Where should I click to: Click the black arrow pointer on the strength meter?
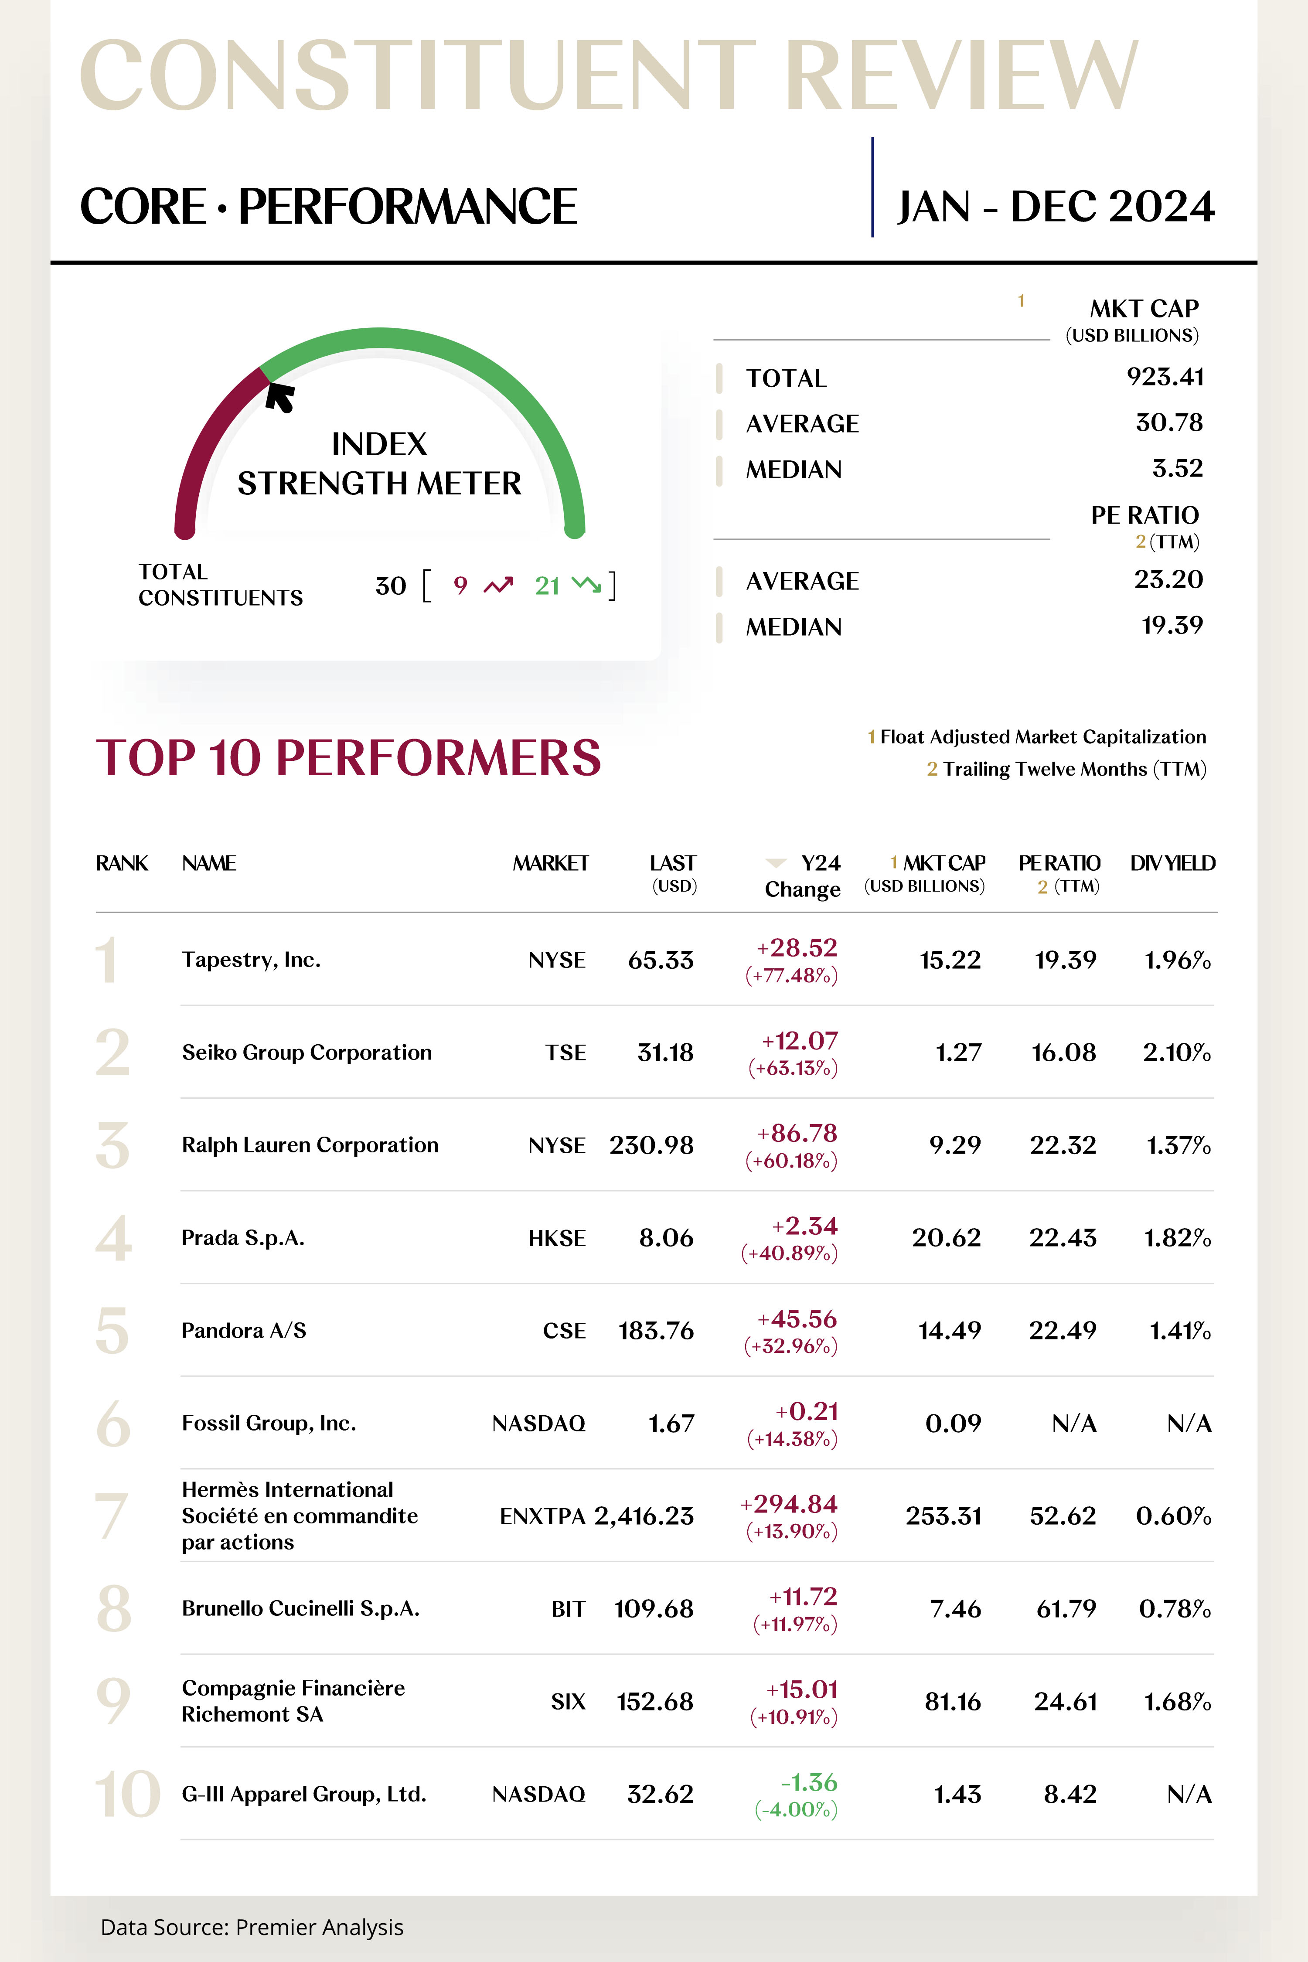click(280, 397)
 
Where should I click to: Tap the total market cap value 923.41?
click(1165, 377)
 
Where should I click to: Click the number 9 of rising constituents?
click(460, 586)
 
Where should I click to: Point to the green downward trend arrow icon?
click(586, 586)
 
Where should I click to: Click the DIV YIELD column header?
click(1172, 863)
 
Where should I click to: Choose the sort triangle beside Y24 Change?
click(776, 862)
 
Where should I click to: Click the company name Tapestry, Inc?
click(251, 960)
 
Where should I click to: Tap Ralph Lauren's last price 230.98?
click(651, 1145)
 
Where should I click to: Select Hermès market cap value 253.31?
click(944, 1516)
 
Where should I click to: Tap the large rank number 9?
click(113, 1701)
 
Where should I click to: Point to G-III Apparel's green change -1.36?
click(809, 1782)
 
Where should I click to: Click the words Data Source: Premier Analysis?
click(252, 1927)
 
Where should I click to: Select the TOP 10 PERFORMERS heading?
click(349, 757)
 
